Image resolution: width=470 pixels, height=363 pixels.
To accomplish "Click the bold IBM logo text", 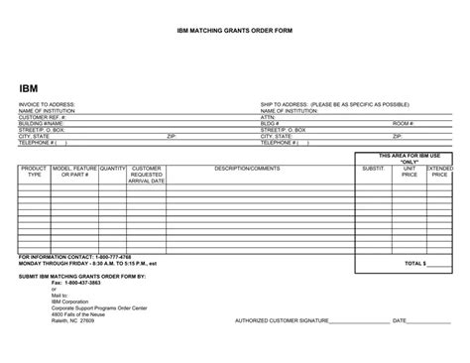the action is (30, 88).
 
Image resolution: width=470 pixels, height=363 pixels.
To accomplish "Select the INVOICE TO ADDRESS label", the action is (46, 104).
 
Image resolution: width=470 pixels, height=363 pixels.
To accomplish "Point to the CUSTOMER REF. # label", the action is (42, 116).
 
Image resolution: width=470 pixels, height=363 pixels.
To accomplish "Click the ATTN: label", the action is (268, 116).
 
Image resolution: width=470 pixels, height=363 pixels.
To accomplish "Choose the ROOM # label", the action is (402, 122).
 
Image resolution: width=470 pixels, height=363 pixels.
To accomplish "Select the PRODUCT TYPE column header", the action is (34, 173).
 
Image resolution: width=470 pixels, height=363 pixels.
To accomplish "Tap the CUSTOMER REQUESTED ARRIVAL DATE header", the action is (146, 175).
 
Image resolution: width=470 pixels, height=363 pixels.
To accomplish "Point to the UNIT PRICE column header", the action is (409, 173).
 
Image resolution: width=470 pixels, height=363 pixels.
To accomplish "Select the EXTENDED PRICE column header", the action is (439, 173).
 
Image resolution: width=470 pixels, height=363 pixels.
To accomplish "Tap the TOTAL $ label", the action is (413, 264).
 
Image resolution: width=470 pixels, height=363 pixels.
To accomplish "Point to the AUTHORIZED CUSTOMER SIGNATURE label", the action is (281, 321).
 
